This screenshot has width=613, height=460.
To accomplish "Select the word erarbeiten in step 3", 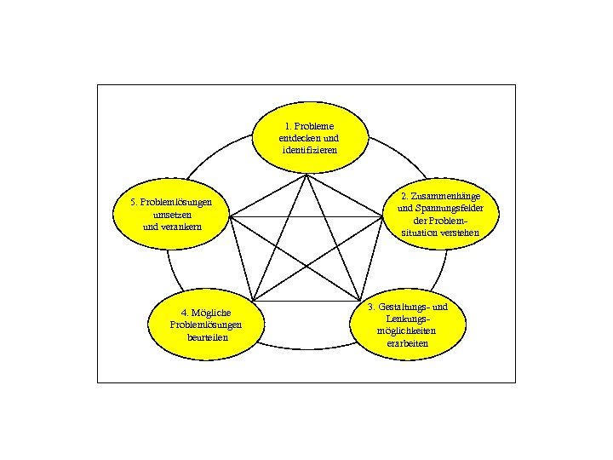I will click(x=407, y=343).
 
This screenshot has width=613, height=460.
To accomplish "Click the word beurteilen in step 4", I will click(x=206, y=336).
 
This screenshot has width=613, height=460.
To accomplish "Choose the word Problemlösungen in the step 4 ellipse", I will click(x=206, y=325).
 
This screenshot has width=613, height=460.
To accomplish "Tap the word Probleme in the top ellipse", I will click(x=316, y=125).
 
